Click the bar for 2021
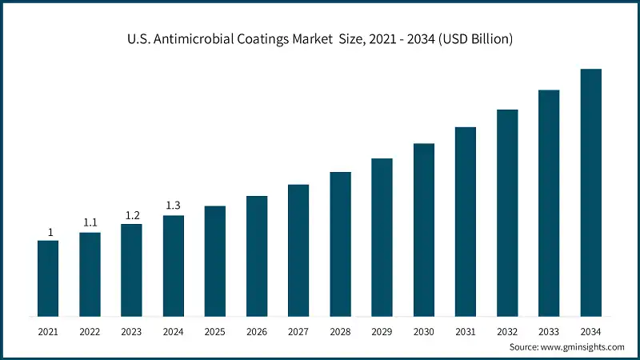(48, 278)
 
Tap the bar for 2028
(340, 243)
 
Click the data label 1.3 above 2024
(173, 206)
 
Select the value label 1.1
(90, 223)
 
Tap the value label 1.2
(131, 215)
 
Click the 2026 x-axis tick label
(257, 330)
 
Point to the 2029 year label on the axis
(382, 330)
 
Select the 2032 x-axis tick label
(507, 330)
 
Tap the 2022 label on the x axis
(90, 330)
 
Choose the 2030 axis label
(424, 330)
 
